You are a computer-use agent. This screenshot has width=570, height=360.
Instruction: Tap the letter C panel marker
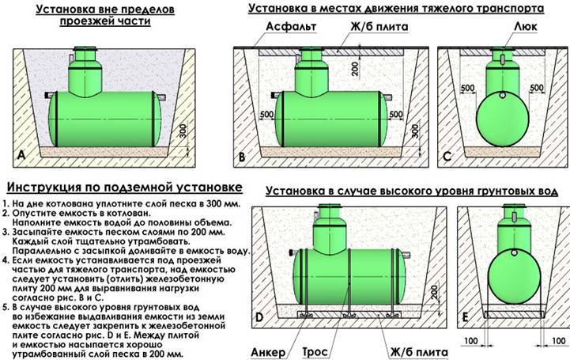[447, 155]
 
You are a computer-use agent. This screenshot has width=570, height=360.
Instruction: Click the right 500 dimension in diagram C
[538, 87]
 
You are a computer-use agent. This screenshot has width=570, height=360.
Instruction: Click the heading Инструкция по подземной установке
[123, 188]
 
